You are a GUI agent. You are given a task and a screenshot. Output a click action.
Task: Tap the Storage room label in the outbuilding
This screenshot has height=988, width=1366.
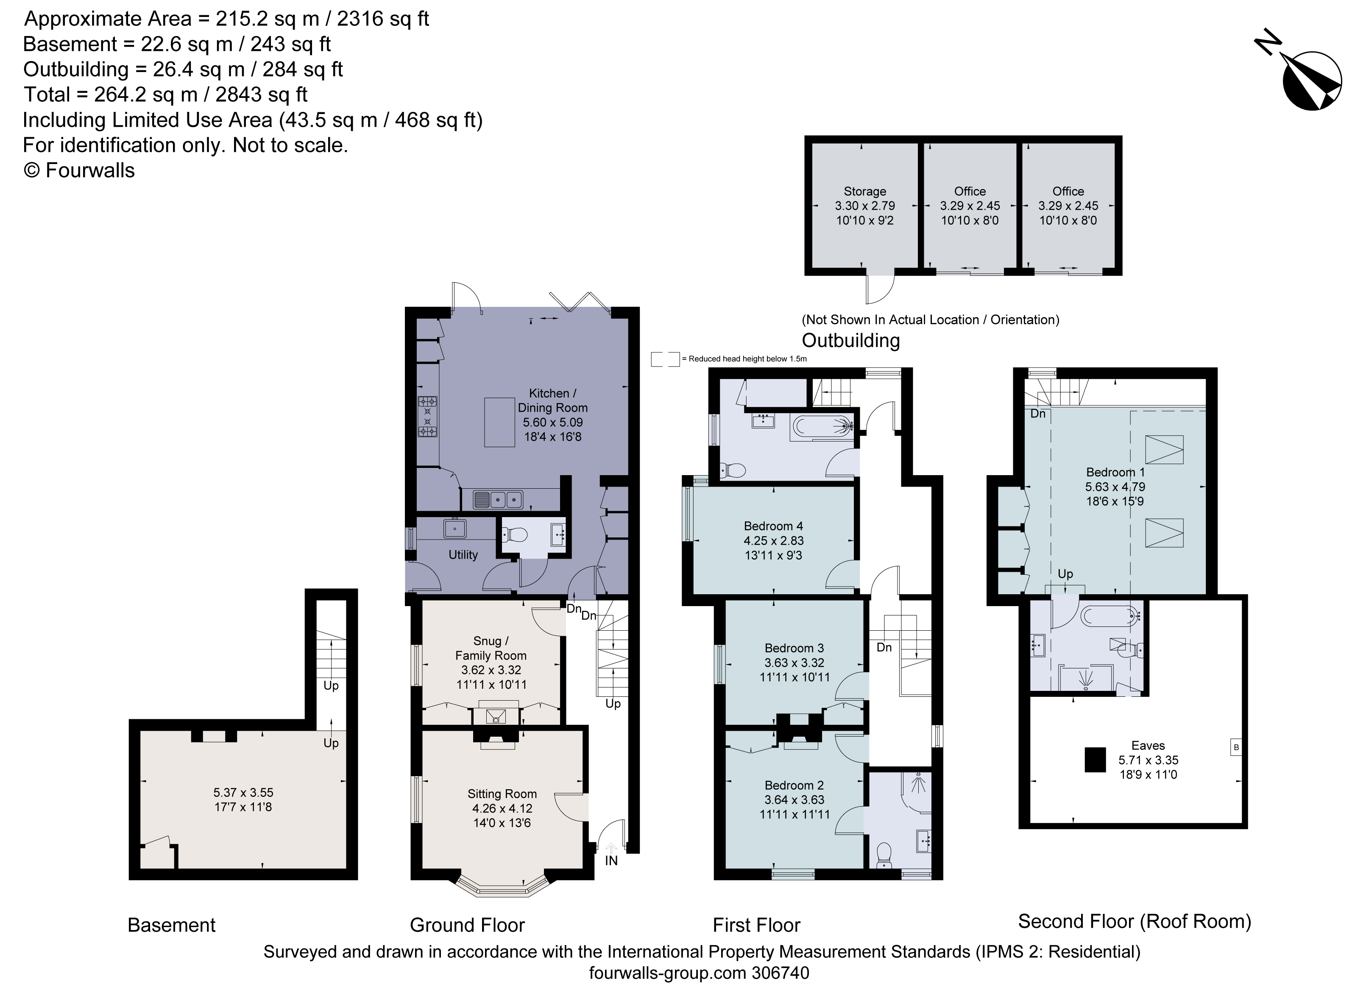(x=864, y=192)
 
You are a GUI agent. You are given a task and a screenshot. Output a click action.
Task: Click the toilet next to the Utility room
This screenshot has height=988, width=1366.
(x=516, y=534)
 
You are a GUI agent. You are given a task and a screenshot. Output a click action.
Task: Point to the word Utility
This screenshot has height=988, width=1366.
(x=463, y=554)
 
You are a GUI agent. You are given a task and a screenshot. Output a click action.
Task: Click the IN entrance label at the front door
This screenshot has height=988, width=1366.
(x=611, y=860)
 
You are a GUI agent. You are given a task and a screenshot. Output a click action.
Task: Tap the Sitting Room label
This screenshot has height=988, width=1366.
(x=502, y=793)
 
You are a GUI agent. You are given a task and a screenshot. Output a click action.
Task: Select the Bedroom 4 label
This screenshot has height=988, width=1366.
(x=773, y=526)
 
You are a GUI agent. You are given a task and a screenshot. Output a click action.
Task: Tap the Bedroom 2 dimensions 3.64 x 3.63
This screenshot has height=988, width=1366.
(x=794, y=799)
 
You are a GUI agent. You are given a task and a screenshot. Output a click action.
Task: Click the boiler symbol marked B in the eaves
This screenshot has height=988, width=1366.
(x=1236, y=747)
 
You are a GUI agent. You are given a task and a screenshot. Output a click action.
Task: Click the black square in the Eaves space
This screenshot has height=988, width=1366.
(x=1095, y=760)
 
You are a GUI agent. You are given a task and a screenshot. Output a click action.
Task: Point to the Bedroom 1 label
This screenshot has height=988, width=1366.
(x=1115, y=472)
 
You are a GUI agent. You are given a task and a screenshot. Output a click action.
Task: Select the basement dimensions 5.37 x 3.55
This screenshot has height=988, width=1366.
(x=243, y=792)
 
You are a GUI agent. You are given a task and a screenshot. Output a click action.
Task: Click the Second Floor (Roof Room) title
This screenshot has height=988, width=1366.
(x=1134, y=921)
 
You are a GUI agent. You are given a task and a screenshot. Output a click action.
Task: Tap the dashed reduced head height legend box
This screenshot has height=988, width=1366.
(x=664, y=359)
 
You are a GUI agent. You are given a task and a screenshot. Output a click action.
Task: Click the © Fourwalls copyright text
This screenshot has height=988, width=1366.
(x=79, y=170)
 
